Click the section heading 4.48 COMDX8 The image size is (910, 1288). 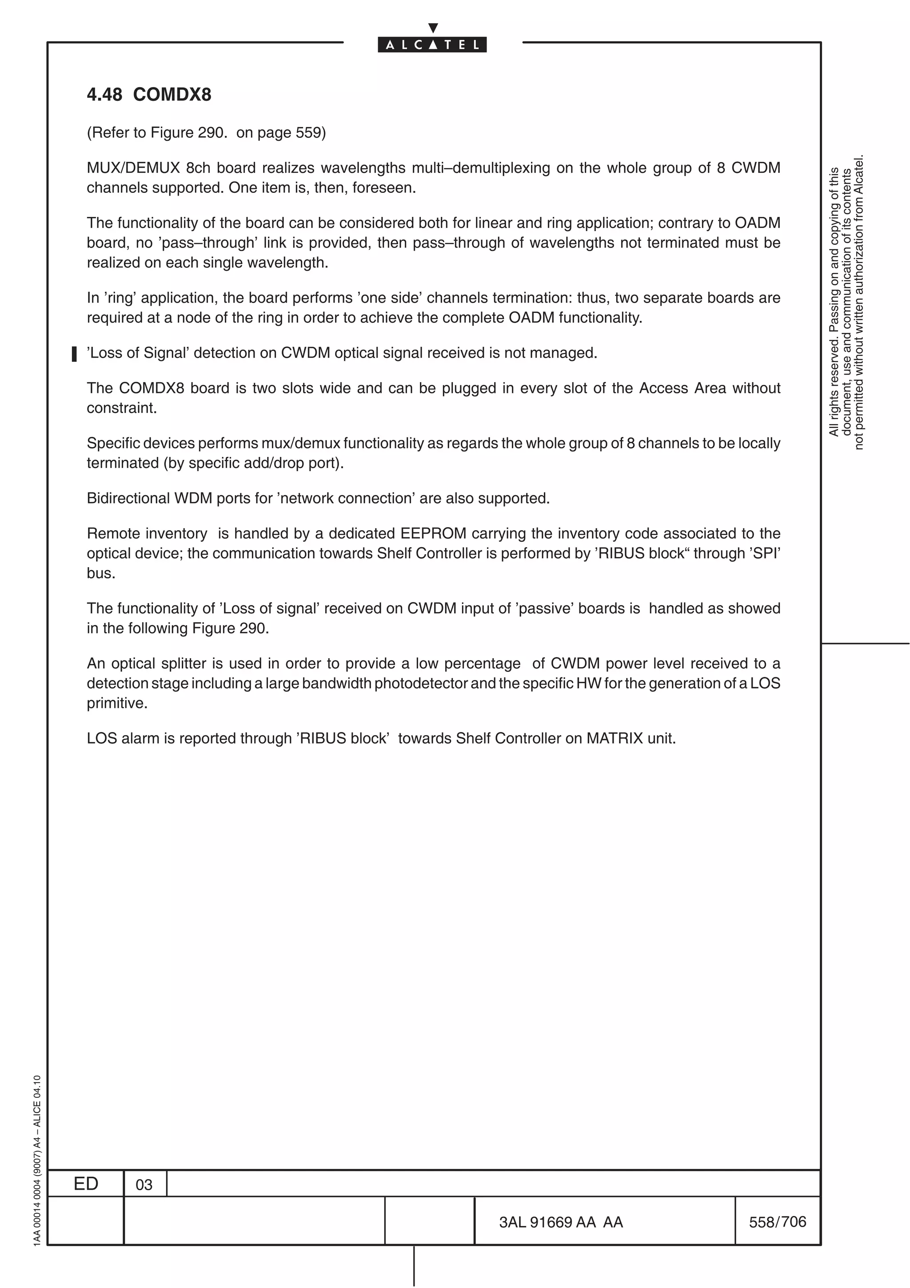(149, 95)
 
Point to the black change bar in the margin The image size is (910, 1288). (74, 354)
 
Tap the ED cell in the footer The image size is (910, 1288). (86, 1184)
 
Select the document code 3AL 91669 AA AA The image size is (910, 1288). (561, 1222)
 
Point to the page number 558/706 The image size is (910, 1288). (777, 1222)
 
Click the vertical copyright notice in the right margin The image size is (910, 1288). (846, 303)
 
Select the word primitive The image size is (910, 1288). (116, 703)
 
